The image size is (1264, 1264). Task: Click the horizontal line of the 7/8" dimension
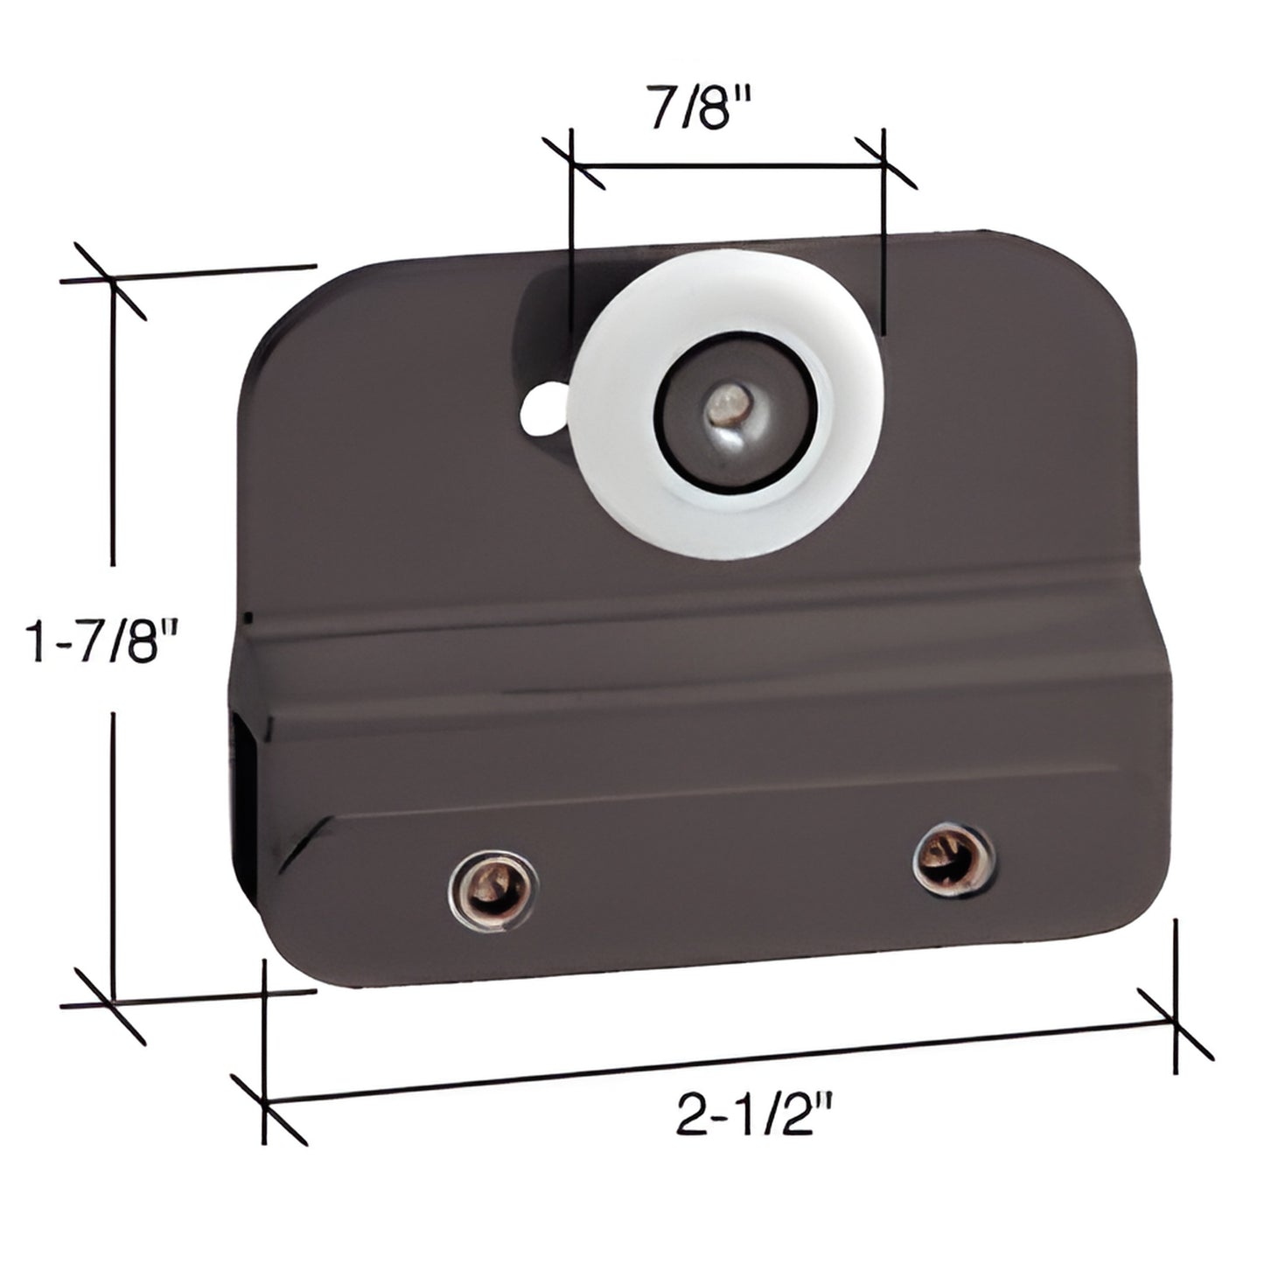tap(726, 164)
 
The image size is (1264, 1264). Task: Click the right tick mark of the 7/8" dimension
tap(884, 163)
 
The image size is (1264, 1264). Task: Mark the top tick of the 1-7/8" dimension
tap(111, 280)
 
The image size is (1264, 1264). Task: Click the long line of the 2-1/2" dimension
tap(717, 1063)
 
